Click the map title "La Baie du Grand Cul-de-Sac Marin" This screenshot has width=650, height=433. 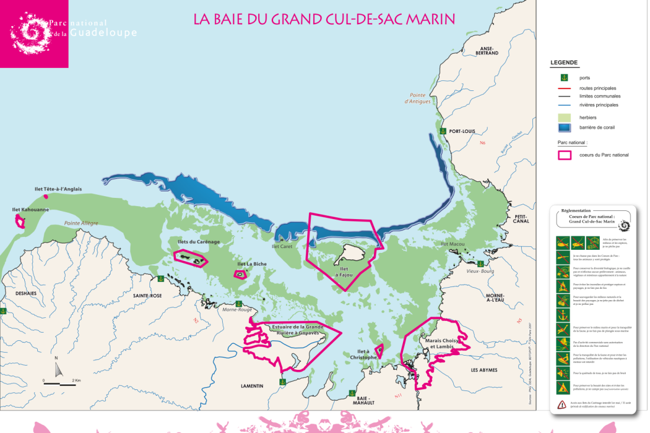[324, 19]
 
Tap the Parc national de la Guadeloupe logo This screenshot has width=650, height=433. [34, 34]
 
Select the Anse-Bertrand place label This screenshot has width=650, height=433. [491, 51]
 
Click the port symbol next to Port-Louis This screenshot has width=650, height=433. [441, 131]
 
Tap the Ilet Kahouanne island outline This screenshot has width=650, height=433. [20, 222]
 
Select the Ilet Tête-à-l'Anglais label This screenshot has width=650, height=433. [58, 190]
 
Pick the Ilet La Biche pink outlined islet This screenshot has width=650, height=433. [240, 274]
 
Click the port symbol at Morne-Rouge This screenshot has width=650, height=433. [238, 302]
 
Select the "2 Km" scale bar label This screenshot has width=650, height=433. [76, 380]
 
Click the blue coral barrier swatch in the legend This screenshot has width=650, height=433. [565, 127]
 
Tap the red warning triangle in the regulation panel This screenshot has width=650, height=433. [561, 405]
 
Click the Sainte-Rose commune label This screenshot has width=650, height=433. [147, 295]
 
